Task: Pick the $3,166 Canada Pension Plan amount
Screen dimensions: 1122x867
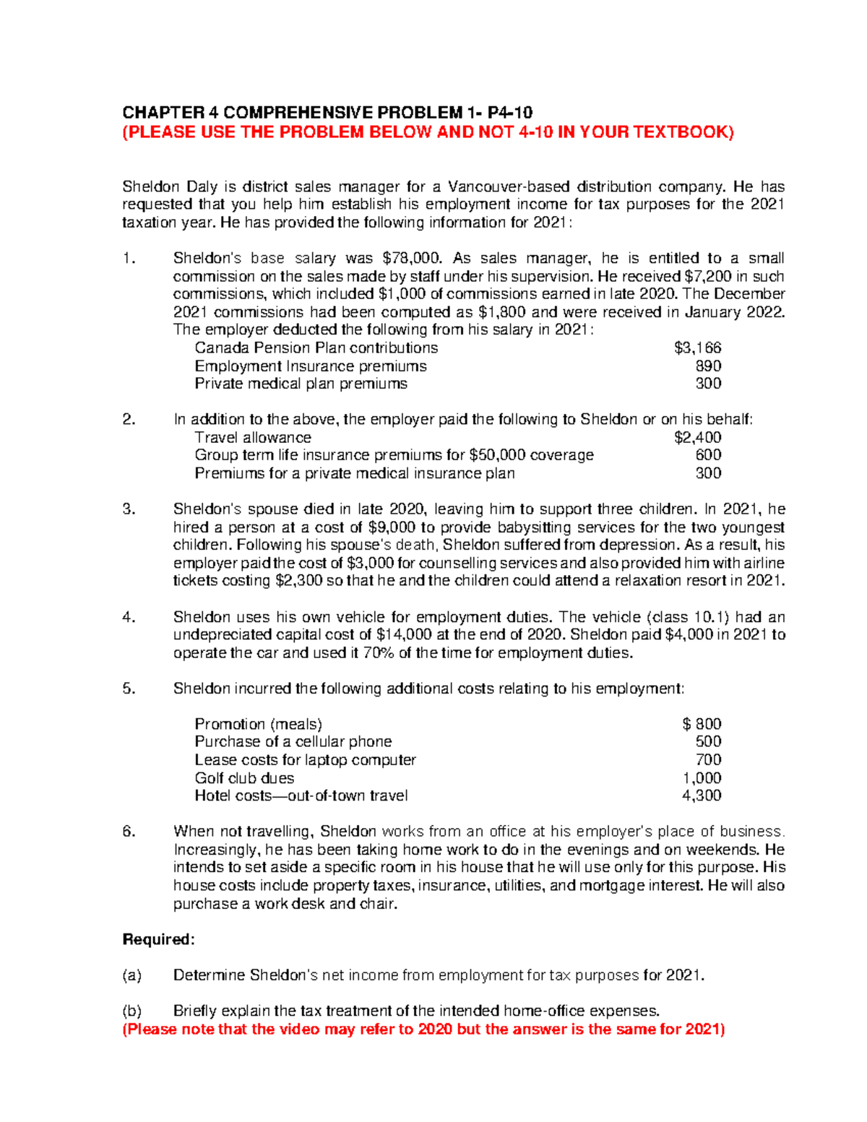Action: click(x=697, y=348)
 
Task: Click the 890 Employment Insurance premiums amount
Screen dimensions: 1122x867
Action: click(x=708, y=366)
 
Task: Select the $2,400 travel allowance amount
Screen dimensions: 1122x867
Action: click(x=697, y=438)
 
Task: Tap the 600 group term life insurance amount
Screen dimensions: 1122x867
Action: click(x=708, y=455)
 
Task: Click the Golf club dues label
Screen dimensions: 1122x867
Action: click(x=244, y=778)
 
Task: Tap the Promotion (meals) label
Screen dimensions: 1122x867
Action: click(x=258, y=724)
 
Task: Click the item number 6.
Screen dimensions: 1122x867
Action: click(x=129, y=832)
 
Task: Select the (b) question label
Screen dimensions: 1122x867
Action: click(x=132, y=1011)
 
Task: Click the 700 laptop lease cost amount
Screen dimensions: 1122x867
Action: click(x=708, y=760)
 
